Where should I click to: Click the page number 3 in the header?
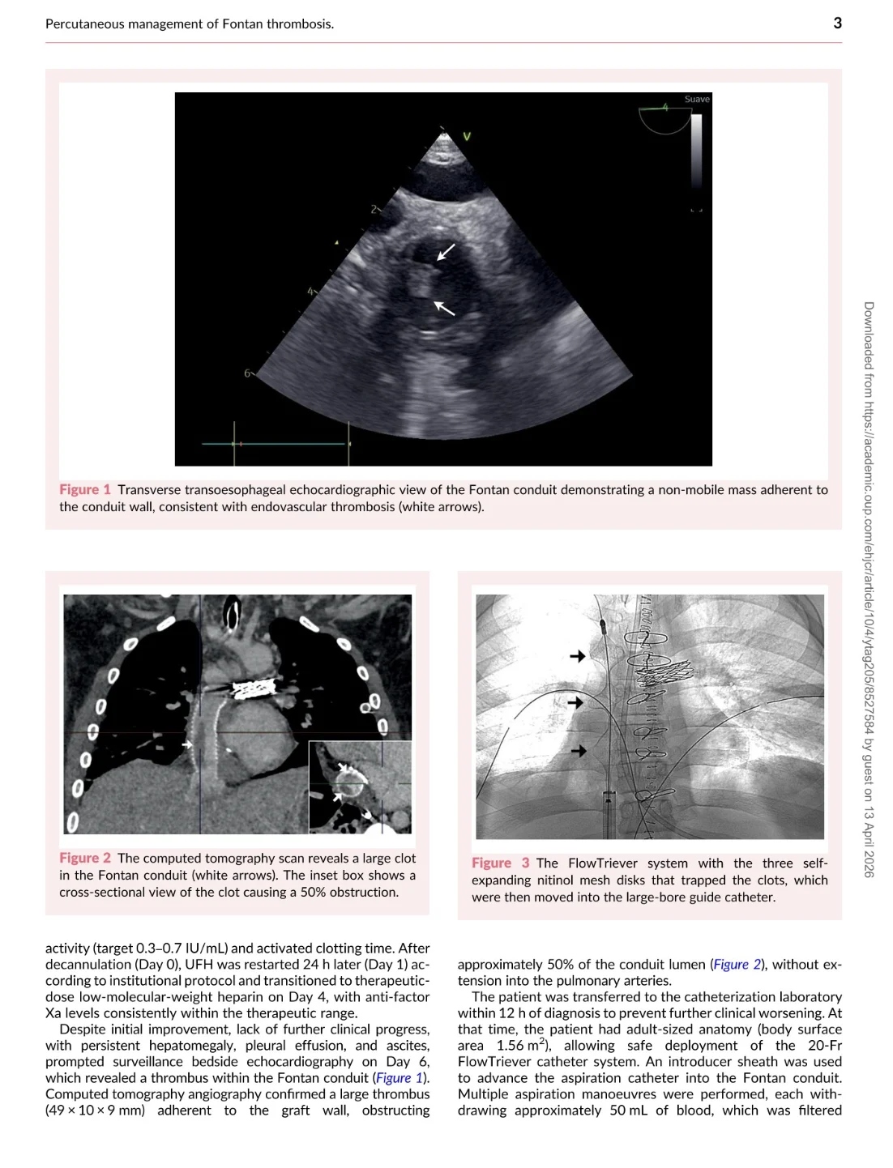837,23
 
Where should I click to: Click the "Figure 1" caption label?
84,489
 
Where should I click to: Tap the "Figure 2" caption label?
84,858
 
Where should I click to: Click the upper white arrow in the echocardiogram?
446,252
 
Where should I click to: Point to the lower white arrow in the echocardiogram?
444,308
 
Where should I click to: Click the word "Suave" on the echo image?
697,100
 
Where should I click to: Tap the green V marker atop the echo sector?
467,137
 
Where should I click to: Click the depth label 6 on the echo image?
247,373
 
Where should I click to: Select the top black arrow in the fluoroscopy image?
578,655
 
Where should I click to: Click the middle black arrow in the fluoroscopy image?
575,702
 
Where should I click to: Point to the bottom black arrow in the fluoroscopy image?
579,751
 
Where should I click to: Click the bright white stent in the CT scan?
254,689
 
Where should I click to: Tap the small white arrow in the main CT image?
187,744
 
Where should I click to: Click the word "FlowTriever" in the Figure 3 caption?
603,863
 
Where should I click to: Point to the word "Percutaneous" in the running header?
86,24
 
